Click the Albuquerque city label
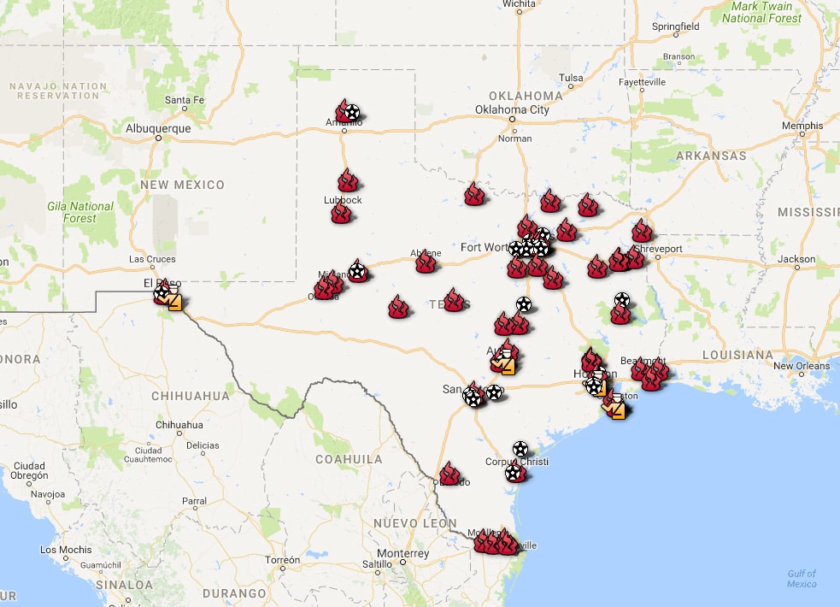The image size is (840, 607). tap(157, 128)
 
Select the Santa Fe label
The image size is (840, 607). tap(185, 100)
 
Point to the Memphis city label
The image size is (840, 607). tap(802, 126)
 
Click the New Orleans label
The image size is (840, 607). tap(801, 366)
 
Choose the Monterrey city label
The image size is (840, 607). tap(402, 553)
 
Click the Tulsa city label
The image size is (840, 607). tap(571, 78)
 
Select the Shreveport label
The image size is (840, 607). tap(658, 249)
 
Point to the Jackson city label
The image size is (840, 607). tap(796, 259)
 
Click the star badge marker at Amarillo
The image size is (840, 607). tap(352, 112)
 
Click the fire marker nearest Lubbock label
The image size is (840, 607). tap(342, 212)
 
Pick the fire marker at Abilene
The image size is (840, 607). tap(426, 262)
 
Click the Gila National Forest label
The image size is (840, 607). tap(80, 212)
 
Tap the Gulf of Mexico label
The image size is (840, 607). tap(802, 579)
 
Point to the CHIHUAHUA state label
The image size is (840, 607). tap(191, 396)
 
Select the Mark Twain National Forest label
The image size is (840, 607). tap(761, 12)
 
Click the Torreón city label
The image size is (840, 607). tap(283, 560)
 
